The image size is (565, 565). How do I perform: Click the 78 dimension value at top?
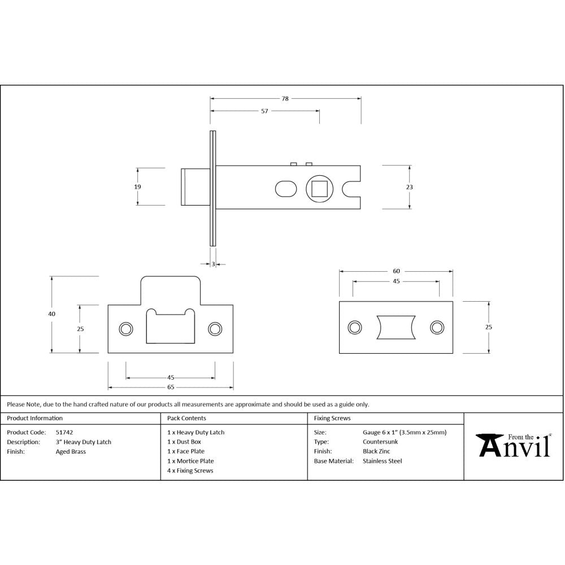[x=285, y=98]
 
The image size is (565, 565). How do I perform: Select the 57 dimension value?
[x=264, y=111]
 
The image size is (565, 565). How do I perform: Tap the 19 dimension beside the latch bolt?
[x=138, y=186]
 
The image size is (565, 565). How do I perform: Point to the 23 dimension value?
[x=409, y=187]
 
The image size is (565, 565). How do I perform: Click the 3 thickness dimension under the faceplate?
[x=213, y=263]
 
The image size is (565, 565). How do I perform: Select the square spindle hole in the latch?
[x=320, y=188]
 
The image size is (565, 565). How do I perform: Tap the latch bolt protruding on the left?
[x=192, y=186]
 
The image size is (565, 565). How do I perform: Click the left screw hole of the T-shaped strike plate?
[x=125, y=329]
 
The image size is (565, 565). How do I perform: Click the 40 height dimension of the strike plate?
[x=52, y=314]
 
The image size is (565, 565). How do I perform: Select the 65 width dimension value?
[x=171, y=387]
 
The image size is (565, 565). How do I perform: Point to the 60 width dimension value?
[x=395, y=271]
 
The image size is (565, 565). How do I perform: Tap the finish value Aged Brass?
[x=71, y=451]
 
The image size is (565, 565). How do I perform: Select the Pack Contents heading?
[x=186, y=418]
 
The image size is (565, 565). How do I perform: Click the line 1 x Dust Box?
[x=184, y=442]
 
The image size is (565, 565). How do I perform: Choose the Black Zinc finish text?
[x=376, y=451]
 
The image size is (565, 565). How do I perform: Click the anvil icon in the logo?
[x=489, y=445]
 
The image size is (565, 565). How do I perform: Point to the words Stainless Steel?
[x=382, y=461]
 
